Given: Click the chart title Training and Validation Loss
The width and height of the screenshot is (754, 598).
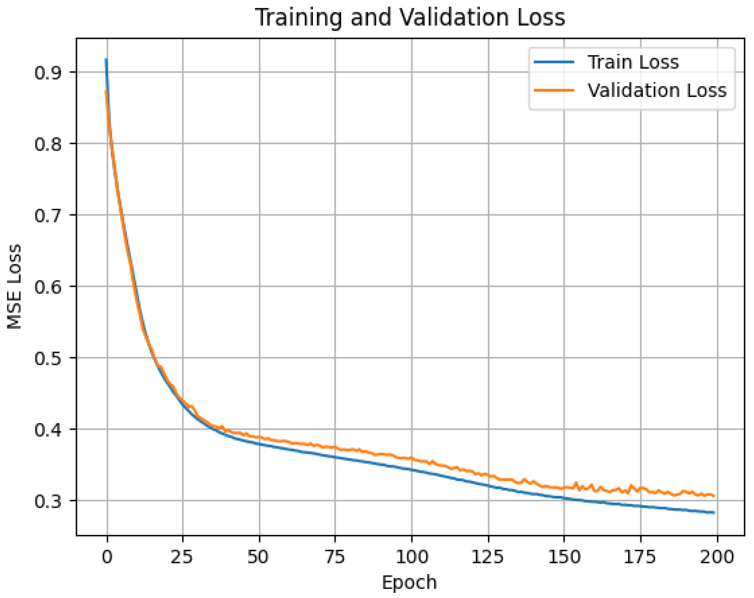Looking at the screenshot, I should (x=410, y=17).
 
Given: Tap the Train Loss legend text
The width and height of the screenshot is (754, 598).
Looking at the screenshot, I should (x=633, y=62).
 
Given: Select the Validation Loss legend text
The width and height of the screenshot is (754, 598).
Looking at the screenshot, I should (x=657, y=90).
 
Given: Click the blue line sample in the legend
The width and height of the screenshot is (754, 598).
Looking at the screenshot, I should (x=554, y=62).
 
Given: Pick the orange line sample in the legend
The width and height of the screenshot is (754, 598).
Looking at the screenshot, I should (x=554, y=90).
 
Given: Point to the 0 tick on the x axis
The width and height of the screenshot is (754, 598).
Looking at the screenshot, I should (x=107, y=557).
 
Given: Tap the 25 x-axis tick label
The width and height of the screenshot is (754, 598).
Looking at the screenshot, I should (x=182, y=557).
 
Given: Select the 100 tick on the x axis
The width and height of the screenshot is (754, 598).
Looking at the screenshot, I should (x=412, y=557).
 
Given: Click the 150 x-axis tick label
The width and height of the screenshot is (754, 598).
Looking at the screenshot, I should (x=564, y=557).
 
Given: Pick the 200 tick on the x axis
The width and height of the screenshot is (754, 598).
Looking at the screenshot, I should (x=717, y=557).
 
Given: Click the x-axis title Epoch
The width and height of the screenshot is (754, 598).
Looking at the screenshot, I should (x=409, y=583).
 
